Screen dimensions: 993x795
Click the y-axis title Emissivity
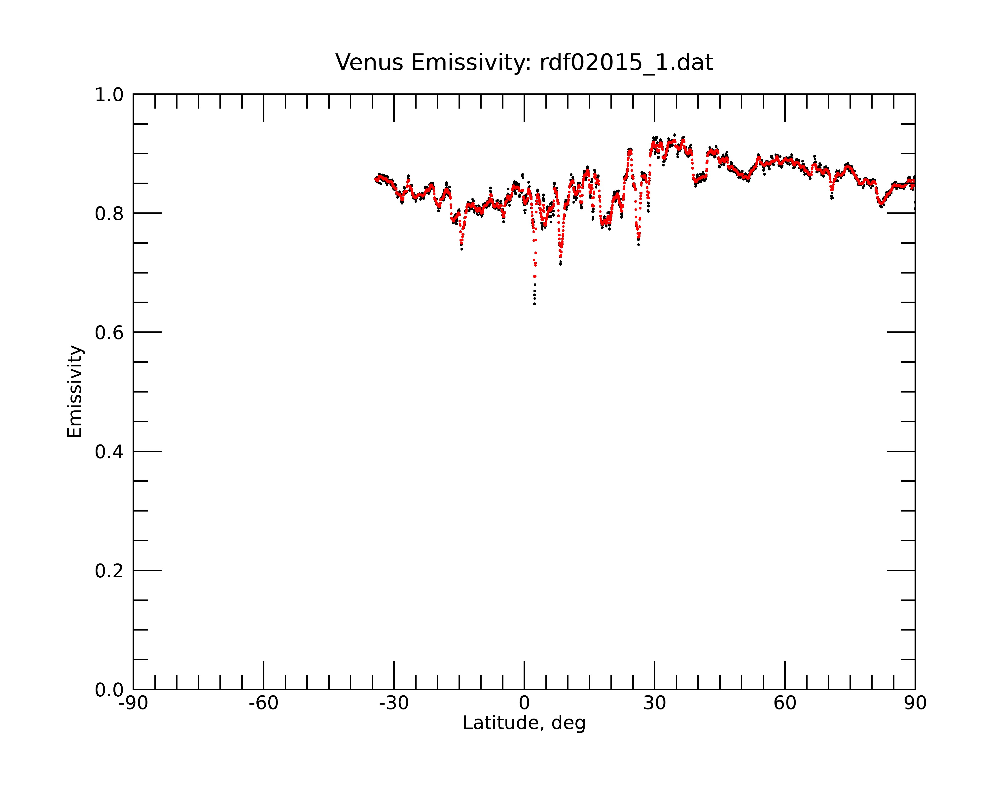point(75,391)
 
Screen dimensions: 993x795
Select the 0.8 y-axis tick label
point(109,214)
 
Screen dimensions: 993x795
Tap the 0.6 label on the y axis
point(109,333)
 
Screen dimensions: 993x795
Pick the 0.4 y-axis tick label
point(109,452)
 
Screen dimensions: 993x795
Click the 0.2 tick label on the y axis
point(109,571)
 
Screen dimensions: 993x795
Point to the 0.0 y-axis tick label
point(109,690)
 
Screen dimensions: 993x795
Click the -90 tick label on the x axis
point(133,703)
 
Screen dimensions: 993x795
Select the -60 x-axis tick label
point(263,703)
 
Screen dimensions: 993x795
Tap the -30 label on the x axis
point(394,703)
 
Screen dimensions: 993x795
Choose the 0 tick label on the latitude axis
point(524,703)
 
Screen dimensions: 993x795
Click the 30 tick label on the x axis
point(654,703)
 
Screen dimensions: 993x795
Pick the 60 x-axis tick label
point(785,703)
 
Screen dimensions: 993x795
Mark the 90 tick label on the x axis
point(915,703)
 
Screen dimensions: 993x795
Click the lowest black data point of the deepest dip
point(534,304)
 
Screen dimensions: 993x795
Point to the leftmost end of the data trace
point(376,179)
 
